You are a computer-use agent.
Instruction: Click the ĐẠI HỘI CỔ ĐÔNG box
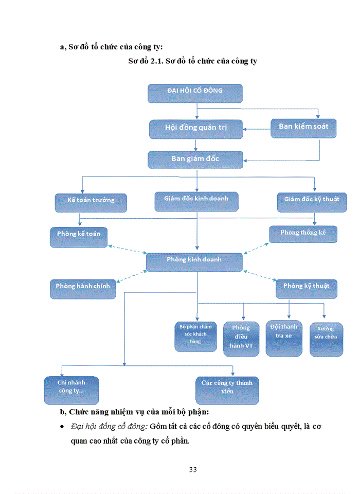[x=195, y=93]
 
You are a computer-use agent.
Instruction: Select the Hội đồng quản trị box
[x=195, y=129]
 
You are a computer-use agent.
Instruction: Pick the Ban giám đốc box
[x=195, y=160]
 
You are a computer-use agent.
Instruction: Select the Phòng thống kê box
[x=303, y=234]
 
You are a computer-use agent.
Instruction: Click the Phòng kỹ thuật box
[x=307, y=288]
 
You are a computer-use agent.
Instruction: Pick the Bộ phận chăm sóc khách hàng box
[x=195, y=336]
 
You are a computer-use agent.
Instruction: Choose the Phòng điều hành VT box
[x=241, y=339]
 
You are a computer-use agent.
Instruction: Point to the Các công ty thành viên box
[x=227, y=390]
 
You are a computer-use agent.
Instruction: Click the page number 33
[x=193, y=470]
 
